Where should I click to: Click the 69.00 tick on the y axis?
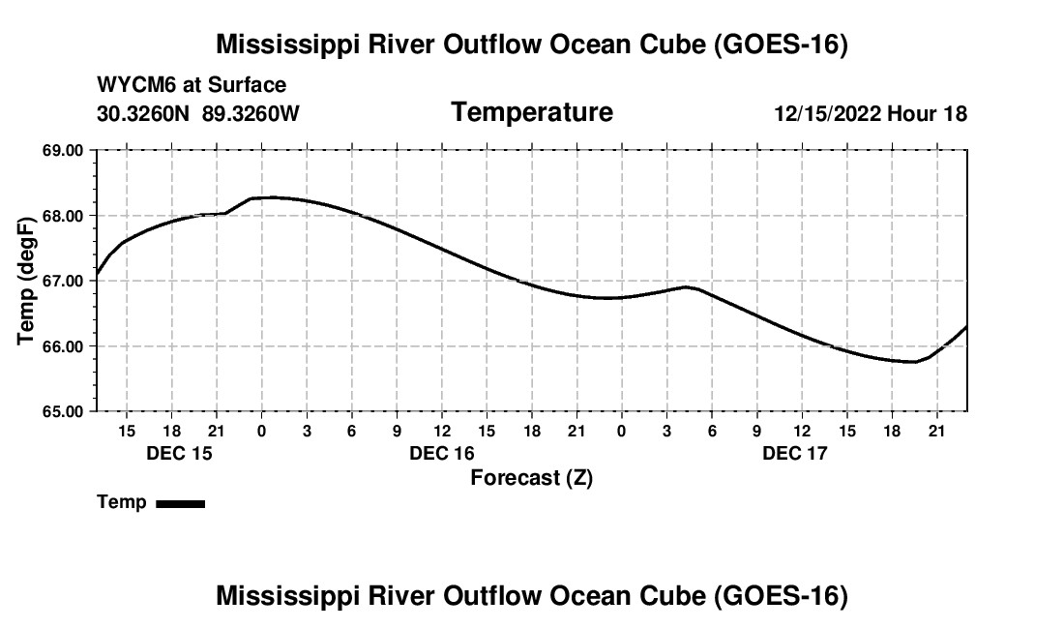click(x=63, y=150)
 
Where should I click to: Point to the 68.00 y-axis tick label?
click(x=63, y=216)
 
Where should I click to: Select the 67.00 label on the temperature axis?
click(x=63, y=281)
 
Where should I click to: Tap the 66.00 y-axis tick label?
click(x=63, y=346)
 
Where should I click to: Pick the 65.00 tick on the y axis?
click(x=63, y=411)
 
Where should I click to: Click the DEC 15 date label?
click(x=179, y=453)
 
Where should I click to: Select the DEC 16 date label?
click(x=442, y=453)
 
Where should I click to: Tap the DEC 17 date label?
click(x=794, y=453)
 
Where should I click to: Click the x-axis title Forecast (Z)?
click(x=532, y=478)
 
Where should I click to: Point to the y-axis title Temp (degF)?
click(x=26, y=281)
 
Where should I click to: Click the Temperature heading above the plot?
click(x=532, y=112)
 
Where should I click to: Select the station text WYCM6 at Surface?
click(x=192, y=85)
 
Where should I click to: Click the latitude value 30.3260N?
click(x=143, y=113)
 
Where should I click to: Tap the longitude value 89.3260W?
click(x=251, y=113)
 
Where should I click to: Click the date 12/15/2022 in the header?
click(x=827, y=113)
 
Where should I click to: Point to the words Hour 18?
click(x=927, y=113)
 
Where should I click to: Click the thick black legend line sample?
click(x=181, y=503)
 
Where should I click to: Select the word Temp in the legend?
click(x=122, y=502)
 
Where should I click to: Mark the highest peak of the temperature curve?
click(x=272, y=197)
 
